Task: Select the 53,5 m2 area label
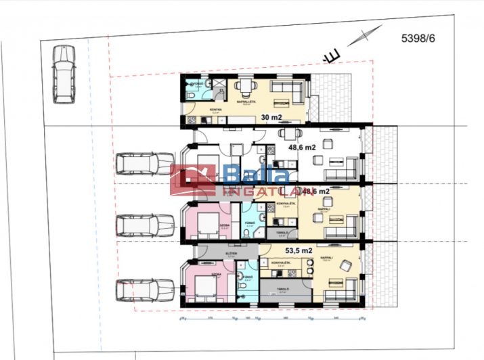point(299,251)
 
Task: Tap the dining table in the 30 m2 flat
point(246,87)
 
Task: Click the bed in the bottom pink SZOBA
point(206,287)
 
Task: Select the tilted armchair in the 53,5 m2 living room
point(346,266)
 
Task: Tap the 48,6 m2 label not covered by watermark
point(302,147)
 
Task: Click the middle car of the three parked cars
point(145,225)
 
